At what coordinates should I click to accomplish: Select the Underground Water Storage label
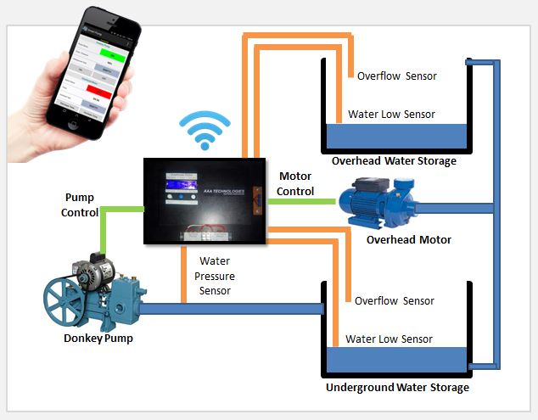pos(397,388)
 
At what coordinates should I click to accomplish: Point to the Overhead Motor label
pos(409,240)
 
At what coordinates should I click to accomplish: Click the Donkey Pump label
pos(98,339)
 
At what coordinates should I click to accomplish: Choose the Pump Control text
pos(80,204)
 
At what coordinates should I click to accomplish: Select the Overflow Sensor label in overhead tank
pos(396,76)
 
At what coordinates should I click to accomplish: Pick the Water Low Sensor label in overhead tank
pos(391,115)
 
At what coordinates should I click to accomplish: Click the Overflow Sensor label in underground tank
pos(394,300)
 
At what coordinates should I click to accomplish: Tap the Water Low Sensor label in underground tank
pos(389,339)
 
